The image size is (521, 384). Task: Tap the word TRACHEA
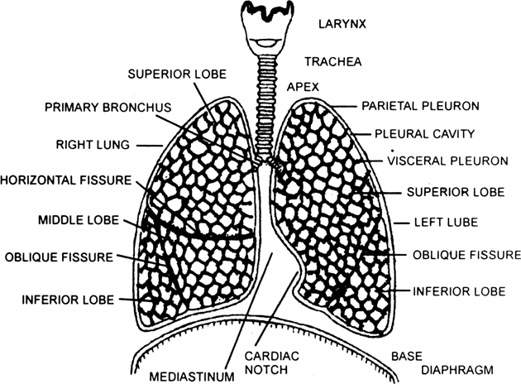330,62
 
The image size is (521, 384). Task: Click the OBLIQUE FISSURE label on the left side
57,257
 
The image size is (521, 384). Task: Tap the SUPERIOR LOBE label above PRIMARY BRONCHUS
170,74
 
